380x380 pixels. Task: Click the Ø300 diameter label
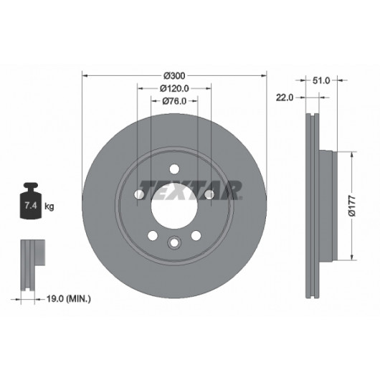click(x=174, y=76)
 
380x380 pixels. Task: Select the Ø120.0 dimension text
click(x=174, y=88)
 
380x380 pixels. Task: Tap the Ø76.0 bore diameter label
click(x=174, y=101)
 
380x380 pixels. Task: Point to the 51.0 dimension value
click(x=321, y=80)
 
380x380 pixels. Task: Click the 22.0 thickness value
click(x=285, y=98)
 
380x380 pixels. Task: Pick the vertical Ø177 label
click(x=352, y=206)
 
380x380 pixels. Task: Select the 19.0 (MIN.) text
click(x=69, y=298)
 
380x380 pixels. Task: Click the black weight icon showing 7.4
click(x=31, y=201)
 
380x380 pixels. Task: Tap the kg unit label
click(x=49, y=206)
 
